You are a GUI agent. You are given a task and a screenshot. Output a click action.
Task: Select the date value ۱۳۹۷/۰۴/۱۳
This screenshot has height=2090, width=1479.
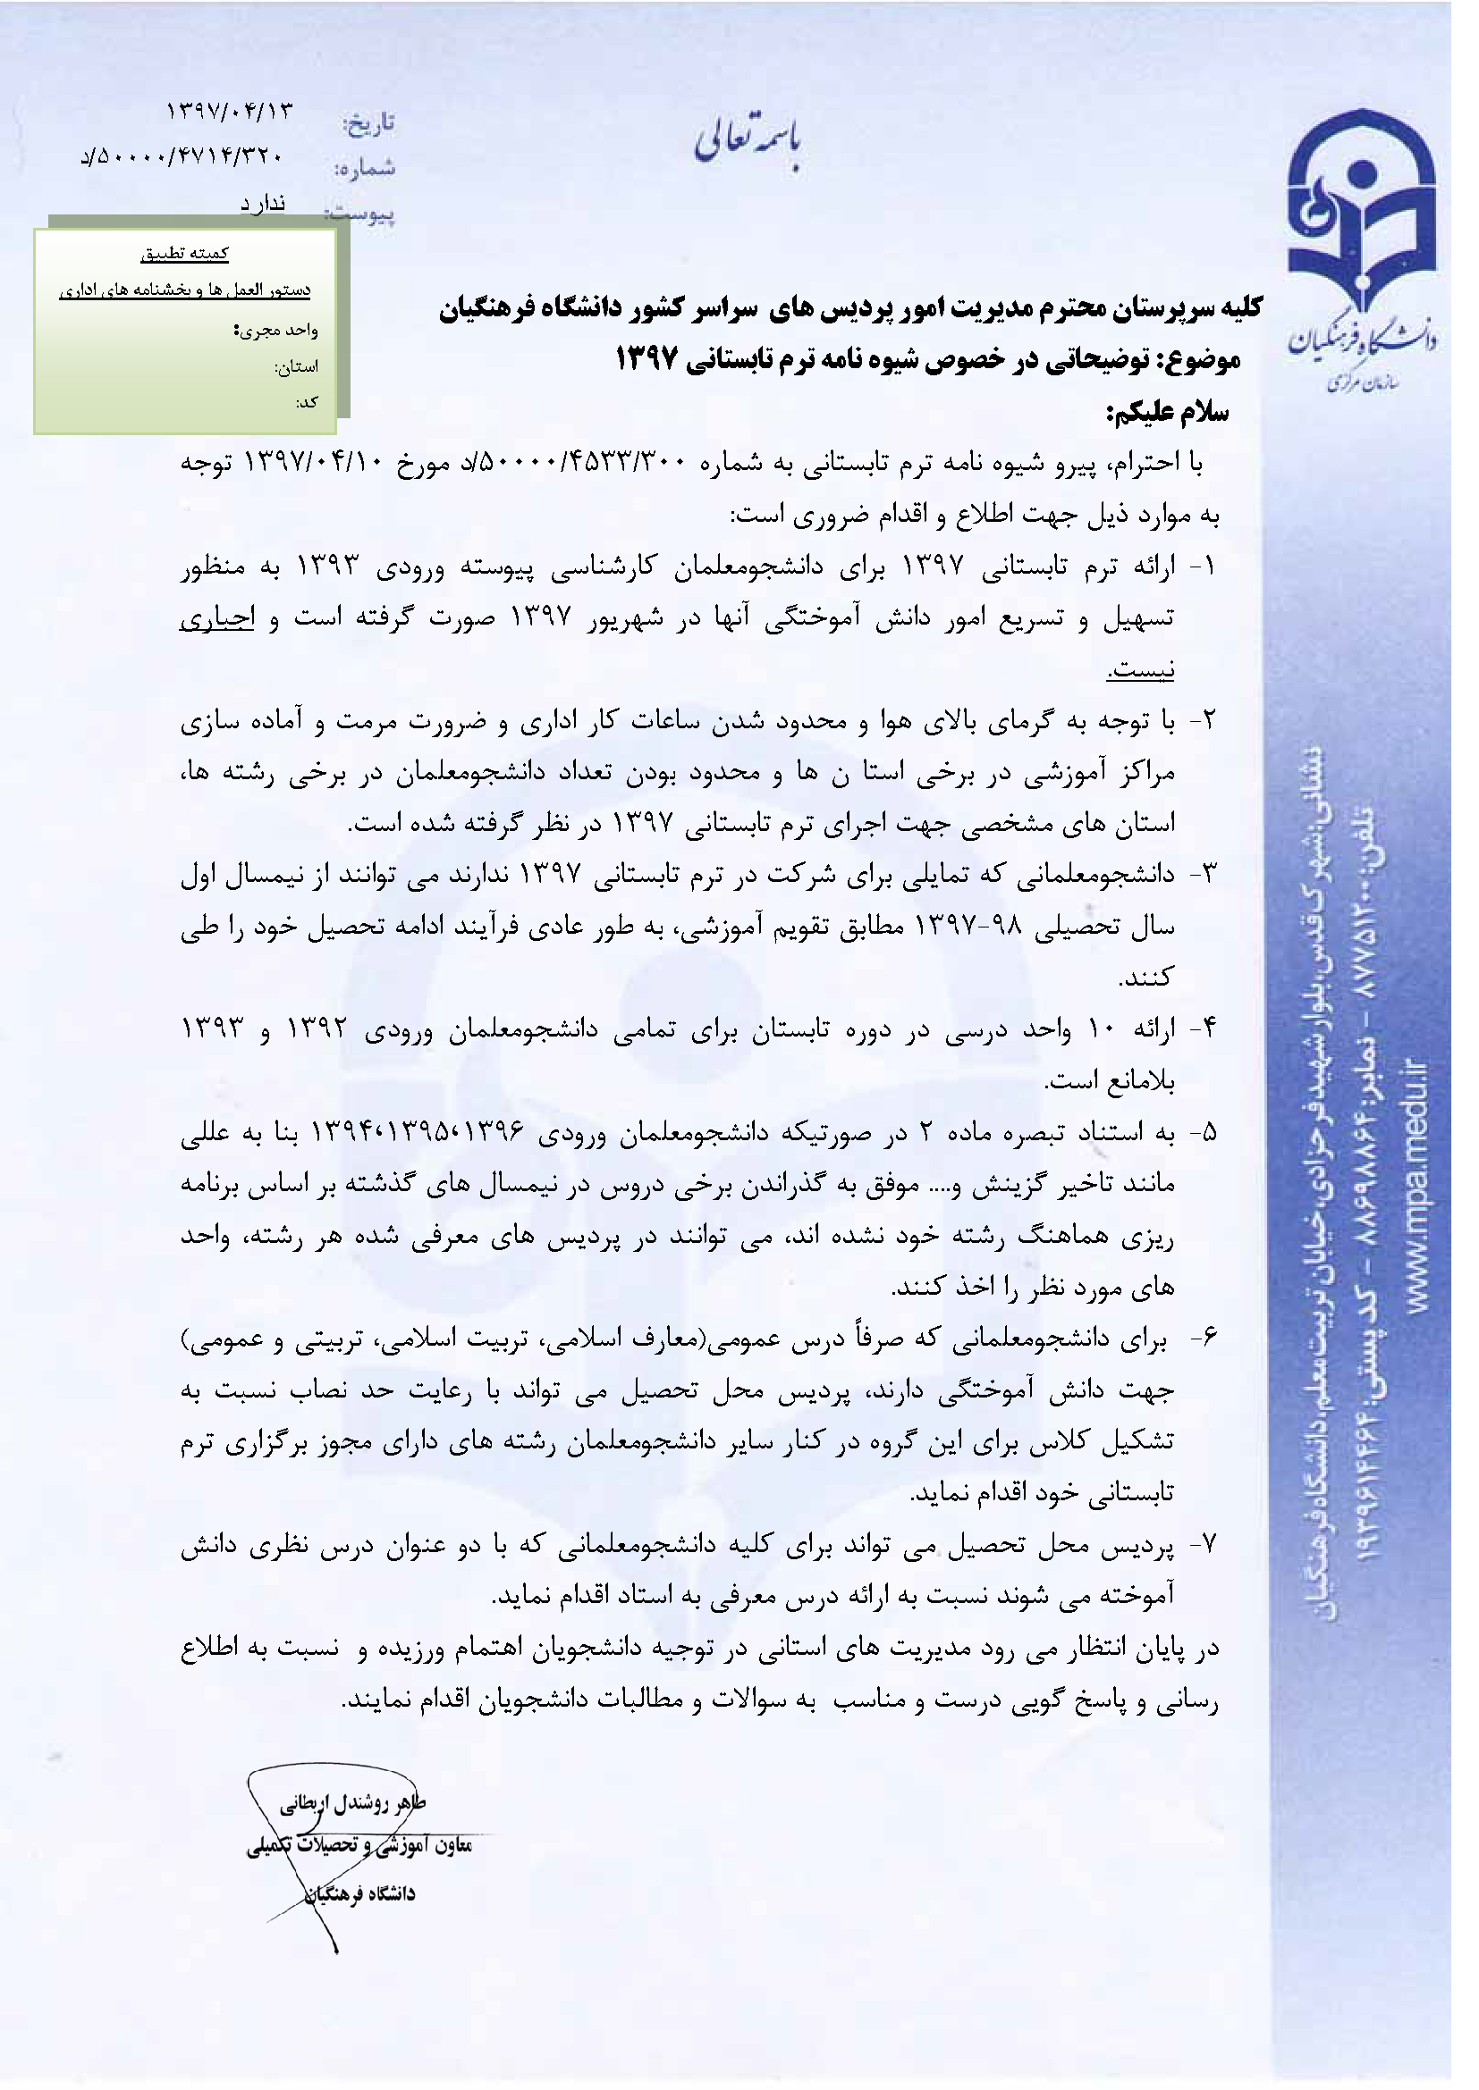pos(230,111)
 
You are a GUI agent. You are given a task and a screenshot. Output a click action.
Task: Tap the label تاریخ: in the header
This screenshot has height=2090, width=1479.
pos(368,123)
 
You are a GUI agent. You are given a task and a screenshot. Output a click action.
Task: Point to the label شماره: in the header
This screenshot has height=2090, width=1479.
pos(365,168)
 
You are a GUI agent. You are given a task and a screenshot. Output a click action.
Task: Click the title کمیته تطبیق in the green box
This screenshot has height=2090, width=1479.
pos(185,254)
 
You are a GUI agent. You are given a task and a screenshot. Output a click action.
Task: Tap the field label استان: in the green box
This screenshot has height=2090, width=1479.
pos(297,367)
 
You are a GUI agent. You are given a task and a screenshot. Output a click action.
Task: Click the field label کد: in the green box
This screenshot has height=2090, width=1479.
pos(307,401)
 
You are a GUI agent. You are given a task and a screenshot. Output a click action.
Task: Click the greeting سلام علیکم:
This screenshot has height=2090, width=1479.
pos(1168,415)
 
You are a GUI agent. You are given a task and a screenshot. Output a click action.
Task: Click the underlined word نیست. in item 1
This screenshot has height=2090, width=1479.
pos(1140,669)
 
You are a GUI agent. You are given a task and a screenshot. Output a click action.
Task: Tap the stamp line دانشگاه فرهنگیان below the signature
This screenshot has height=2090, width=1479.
pos(361,1893)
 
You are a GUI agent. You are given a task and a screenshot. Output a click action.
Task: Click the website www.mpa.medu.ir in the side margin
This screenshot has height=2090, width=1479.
pos(1415,1182)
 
